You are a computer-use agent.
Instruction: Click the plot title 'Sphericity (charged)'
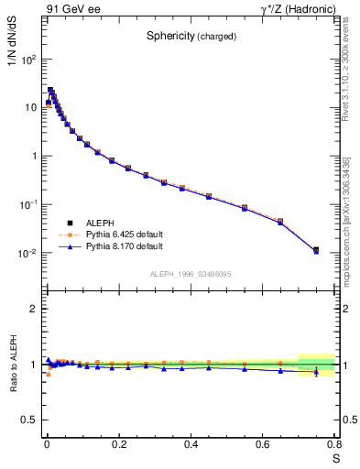pos(191,36)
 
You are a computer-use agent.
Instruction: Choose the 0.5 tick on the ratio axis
pos(30,420)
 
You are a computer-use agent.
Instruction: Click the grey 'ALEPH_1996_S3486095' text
pos(191,274)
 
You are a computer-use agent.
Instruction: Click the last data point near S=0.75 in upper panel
pos(316,249)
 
